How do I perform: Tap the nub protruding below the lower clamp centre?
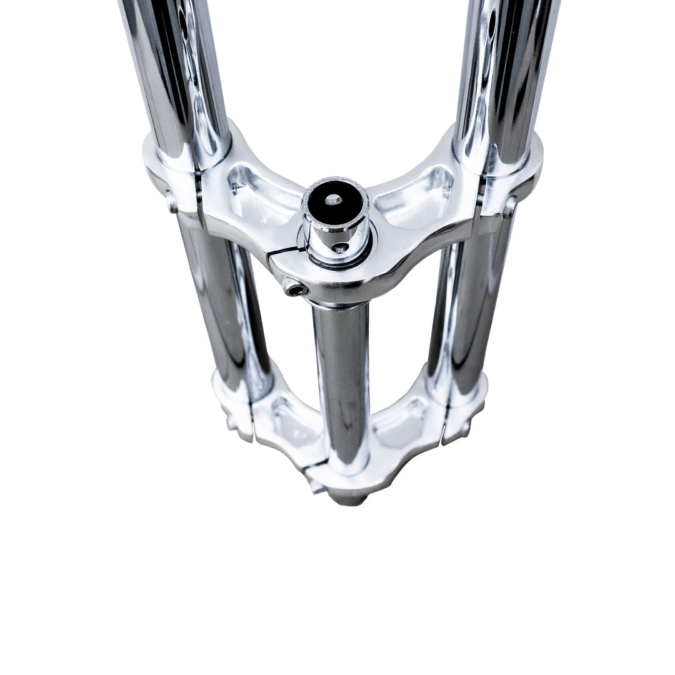point(344,497)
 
